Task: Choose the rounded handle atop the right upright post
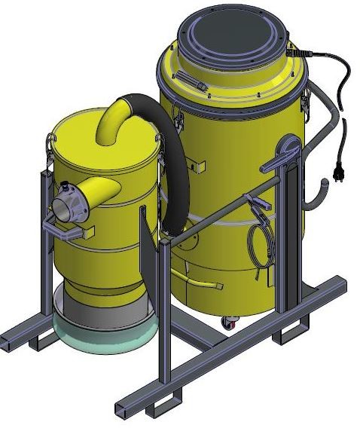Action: pos(289,146)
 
